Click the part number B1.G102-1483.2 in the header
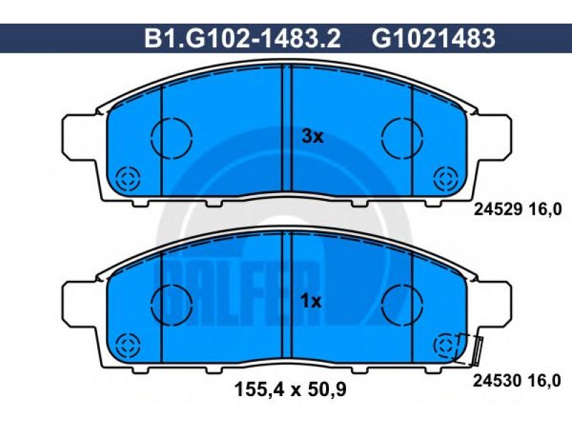242,39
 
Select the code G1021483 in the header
434,39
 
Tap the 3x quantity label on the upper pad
312,137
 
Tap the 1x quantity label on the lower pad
311,302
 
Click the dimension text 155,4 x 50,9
290,390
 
